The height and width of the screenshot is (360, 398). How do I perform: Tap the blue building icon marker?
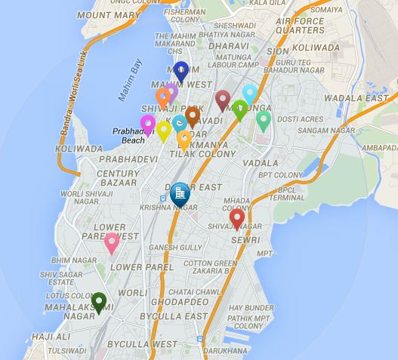tap(180, 195)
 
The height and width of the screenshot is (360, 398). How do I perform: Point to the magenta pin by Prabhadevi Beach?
tap(148, 125)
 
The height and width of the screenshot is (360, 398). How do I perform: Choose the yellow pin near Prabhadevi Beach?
tap(164, 131)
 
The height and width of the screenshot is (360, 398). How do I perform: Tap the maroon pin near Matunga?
tap(222, 100)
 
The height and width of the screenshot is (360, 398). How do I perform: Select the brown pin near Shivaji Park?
tap(193, 116)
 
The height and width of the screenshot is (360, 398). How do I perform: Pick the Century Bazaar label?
tap(119, 178)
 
